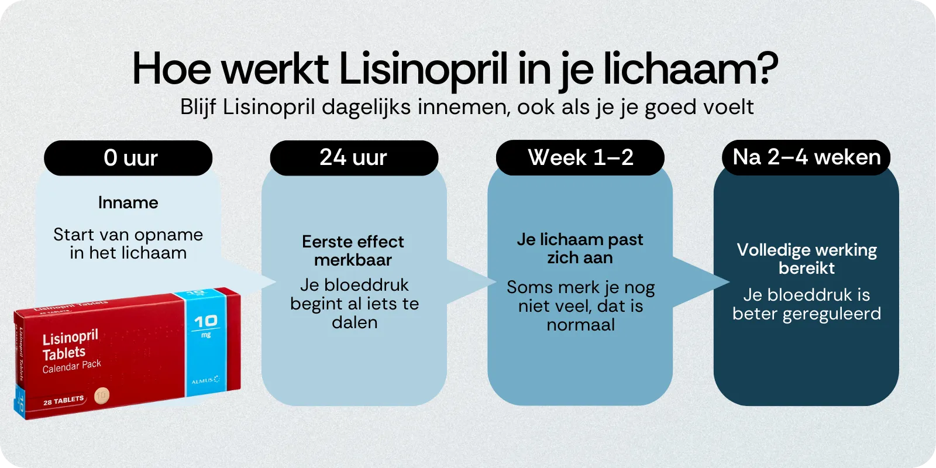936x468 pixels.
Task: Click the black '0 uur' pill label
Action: coord(128,158)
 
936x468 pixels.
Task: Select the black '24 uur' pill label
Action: coord(354,158)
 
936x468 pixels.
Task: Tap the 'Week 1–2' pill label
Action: coord(580,158)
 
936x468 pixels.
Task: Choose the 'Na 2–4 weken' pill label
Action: coord(806,157)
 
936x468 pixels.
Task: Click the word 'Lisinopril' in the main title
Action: coord(423,69)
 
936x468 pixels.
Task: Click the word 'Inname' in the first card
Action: coord(128,203)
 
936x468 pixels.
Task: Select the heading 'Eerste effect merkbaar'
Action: coord(353,250)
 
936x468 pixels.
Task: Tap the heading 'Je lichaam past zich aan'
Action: coord(580,249)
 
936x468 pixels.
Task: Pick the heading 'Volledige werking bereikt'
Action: coord(807,259)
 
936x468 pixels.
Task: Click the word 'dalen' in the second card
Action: coord(355,322)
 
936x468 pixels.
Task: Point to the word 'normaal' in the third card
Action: coord(580,325)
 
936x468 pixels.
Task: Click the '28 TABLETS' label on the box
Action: coord(63,401)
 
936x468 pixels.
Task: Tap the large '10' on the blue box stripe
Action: coord(206,321)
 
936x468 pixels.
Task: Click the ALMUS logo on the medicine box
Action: coord(205,380)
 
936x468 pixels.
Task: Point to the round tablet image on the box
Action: coord(102,395)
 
